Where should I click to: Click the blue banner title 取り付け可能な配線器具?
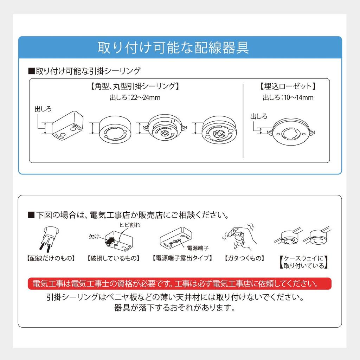(x=173, y=48)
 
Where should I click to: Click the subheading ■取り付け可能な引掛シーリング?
(x=84, y=71)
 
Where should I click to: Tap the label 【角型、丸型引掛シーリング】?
(x=135, y=86)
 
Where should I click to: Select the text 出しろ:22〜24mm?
(x=135, y=97)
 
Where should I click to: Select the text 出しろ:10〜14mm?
(x=288, y=97)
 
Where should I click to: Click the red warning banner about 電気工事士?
(x=179, y=283)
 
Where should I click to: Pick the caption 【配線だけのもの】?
(x=51, y=258)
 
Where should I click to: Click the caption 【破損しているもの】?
(x=114, y=258)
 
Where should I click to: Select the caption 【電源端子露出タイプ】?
(x=182, y=258)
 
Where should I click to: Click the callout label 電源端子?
(x=198, y=247)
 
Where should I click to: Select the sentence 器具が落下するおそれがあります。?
(x=174, y=308)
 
